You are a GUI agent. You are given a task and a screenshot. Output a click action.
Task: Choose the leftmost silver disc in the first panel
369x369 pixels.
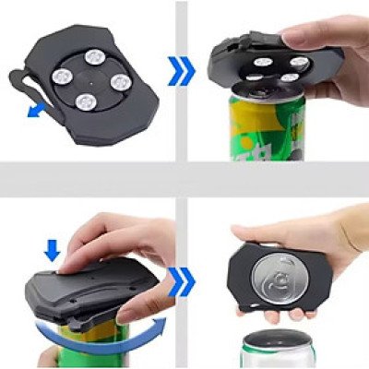(x=61, y=72)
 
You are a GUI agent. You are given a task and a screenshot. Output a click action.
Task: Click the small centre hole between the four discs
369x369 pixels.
(x=90, y=77)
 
